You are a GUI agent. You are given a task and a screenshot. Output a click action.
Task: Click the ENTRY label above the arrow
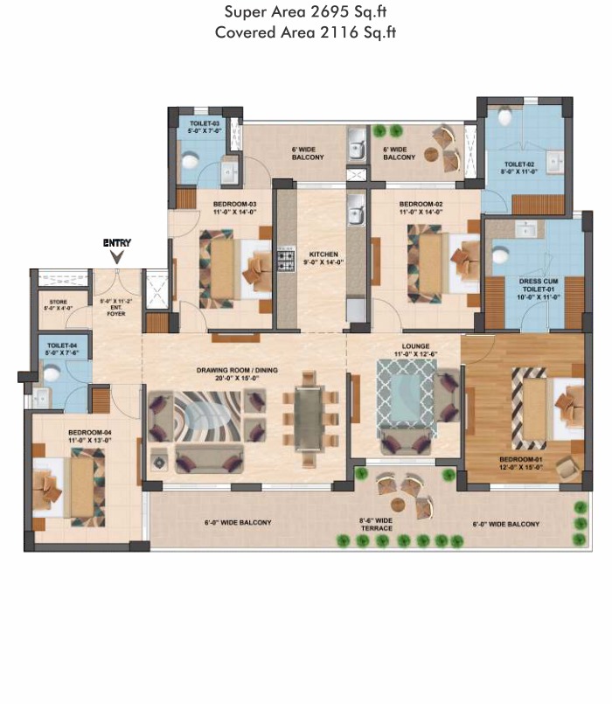[x=116, y=242]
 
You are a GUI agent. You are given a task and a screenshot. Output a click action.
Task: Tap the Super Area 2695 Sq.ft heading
[x=306, y=12]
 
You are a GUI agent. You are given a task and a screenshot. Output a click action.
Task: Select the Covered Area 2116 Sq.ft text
[x=306, y=32]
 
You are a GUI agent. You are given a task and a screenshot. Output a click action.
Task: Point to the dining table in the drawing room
[x=309, y=421]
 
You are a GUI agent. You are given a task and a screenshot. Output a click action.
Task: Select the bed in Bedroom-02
[x=442, y=262]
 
